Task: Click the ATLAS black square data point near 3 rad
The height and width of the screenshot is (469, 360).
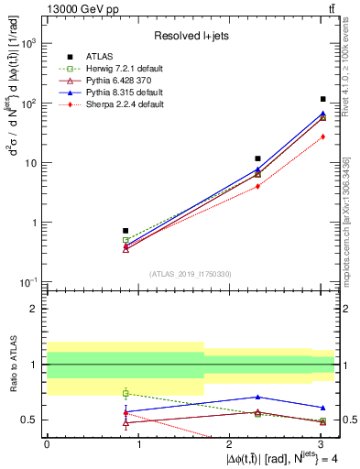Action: click(x=323, y=99)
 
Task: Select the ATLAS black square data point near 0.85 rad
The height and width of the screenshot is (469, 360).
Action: click(x=125, y=231)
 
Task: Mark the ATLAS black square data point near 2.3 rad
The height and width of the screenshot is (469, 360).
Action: click(x=258, y=158)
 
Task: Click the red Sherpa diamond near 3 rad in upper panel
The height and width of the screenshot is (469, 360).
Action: click(x=323, y=136)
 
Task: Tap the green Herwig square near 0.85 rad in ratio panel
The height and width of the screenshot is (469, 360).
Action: click(x=125, y=393)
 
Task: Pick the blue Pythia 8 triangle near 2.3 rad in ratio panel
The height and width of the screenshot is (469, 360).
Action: click(x=258, y=397)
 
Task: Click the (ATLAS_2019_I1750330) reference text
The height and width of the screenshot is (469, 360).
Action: click(x=190, y=274)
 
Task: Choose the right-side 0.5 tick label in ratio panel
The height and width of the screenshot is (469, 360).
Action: click(x=348, y=420)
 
